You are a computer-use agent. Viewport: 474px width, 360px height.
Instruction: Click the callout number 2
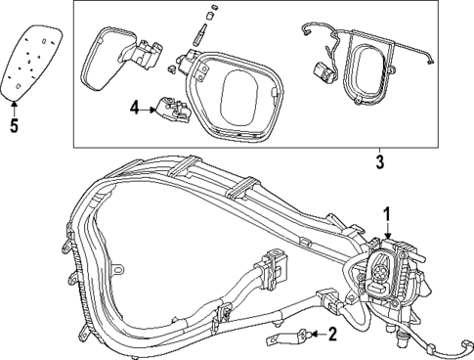331,335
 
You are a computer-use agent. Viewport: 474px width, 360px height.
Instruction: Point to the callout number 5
13,124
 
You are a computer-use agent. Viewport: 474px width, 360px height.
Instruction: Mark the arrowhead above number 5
14,104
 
